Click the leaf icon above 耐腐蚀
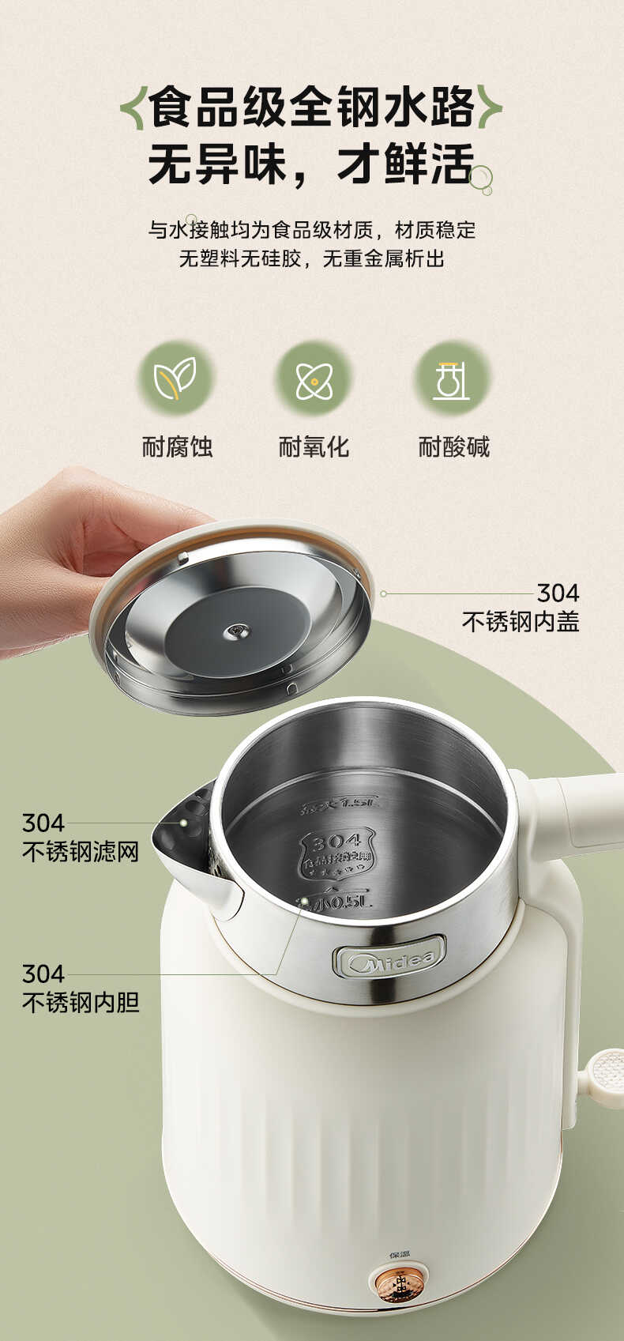[175, 378]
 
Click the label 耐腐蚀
[177, 446]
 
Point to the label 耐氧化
[314, 446]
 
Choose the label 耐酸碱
[453, 446]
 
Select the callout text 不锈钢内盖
[521, 622]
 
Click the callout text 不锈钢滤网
[81, 851]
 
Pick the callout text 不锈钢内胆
[81, 1002]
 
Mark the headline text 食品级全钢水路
[311, 107]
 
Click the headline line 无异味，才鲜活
[311, 164]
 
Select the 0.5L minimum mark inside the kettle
[335, 902]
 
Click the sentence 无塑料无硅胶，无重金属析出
[311, 258]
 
